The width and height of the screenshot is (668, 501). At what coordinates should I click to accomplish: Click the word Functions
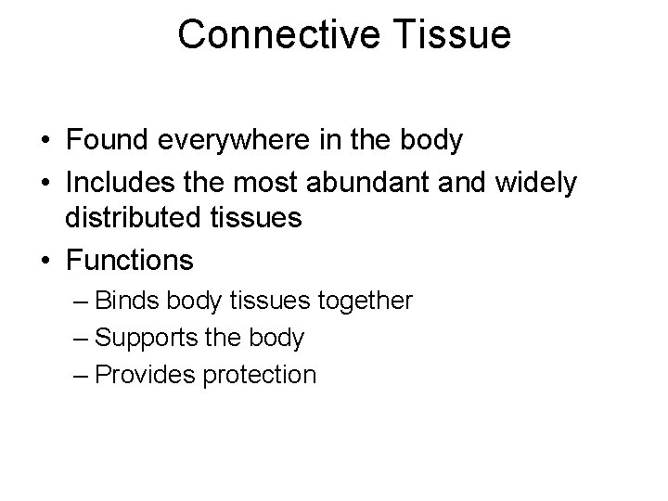[x=129, y=261]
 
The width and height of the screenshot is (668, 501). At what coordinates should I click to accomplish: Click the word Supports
[x=145, y=338]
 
